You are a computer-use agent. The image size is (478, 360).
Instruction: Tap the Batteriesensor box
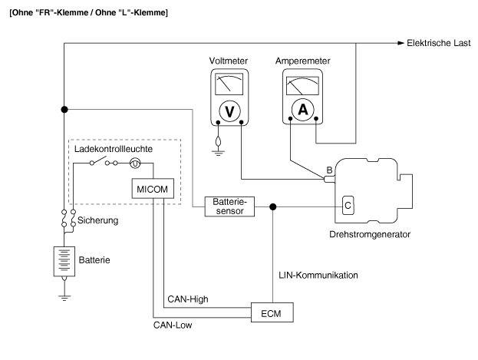click(x=226, y=206)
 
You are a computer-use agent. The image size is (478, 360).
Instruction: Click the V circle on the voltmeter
click(x=229, y=111)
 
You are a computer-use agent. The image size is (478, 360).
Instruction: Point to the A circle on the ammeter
click(x=302, y=110)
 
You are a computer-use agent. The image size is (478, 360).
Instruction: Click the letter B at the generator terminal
click(x=329, y=169)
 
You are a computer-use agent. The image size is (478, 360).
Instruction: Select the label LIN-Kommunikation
click(x=318, y=274)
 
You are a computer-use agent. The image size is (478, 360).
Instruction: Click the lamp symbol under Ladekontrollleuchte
click(x=135, y=163)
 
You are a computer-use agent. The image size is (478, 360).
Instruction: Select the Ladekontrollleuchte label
click(x=113, y=147)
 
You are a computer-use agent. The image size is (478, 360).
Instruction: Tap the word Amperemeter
click(x=303, y=59)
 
